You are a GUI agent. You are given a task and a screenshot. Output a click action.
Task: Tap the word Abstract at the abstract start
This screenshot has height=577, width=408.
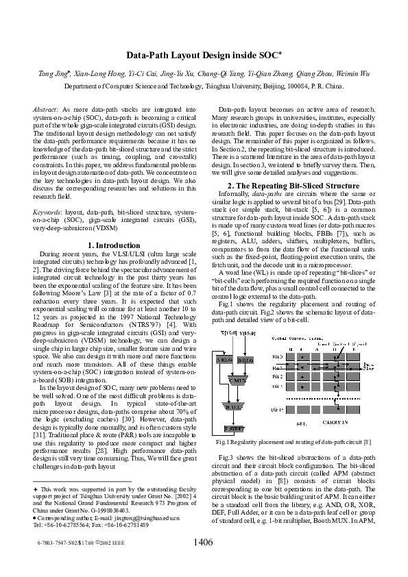[46, 110]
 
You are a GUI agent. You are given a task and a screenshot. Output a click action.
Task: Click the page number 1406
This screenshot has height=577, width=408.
[204, 543]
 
